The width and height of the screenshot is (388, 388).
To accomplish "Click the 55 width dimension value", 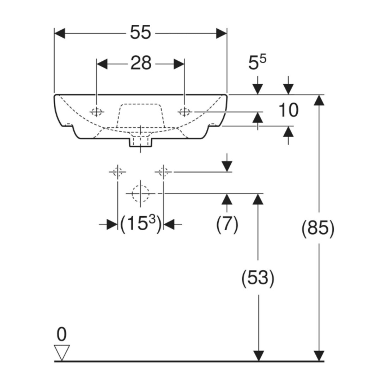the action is click(140, 32).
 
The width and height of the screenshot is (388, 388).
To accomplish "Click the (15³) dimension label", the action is click(140, 223).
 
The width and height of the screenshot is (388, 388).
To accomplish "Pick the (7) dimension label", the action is click(227, 224).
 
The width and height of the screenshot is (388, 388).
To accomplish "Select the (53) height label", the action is click(258, 278).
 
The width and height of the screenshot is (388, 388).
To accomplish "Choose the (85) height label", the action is click(318, 228).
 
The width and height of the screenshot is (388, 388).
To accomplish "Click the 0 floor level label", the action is click(62, 334).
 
